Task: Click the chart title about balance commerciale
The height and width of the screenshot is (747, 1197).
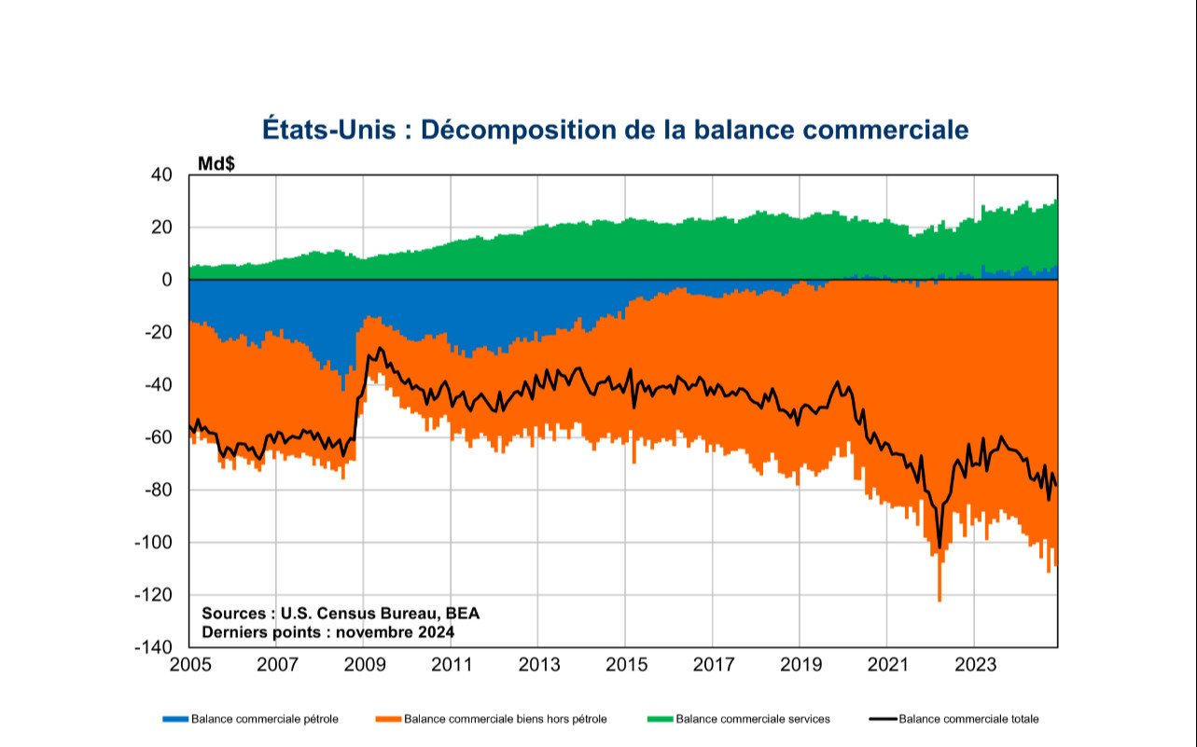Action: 615,130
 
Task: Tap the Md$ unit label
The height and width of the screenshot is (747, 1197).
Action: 216,163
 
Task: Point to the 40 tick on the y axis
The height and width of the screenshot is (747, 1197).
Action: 161,175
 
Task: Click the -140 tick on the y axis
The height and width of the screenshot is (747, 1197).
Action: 155,647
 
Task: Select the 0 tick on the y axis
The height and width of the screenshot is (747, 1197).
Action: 167,280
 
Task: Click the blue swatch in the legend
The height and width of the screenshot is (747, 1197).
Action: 175,719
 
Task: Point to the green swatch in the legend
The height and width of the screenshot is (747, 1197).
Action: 660,719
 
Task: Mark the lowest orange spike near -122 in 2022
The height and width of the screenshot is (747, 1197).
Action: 940,600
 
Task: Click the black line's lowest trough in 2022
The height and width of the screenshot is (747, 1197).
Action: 940,548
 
